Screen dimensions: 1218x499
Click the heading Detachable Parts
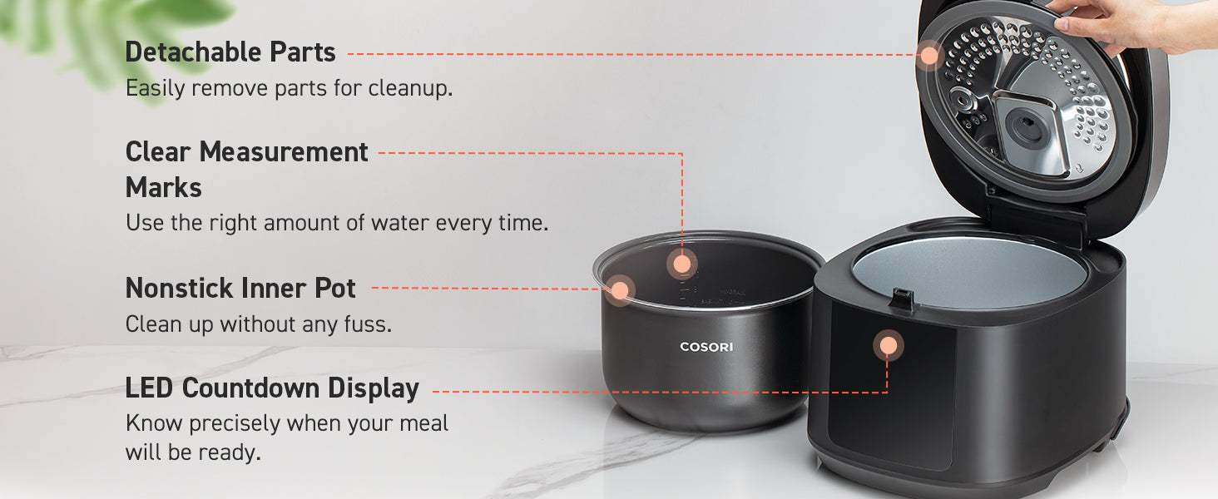[x=230, y=52]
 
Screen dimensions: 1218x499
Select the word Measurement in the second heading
[x=284, y=151]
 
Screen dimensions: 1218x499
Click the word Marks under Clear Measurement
[x=164, y=187]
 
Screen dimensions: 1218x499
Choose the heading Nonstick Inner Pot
[x=240, y=288]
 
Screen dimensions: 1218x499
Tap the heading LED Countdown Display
[x=272, y=388]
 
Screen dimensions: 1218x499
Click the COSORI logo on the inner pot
[x=706, y=347]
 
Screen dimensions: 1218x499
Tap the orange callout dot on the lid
[x=929, y=55]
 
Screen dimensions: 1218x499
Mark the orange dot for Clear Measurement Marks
[x=682, y=264]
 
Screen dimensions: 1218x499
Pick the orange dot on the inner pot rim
[x=619, y=291]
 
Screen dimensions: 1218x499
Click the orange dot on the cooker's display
[x=888, y=346]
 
